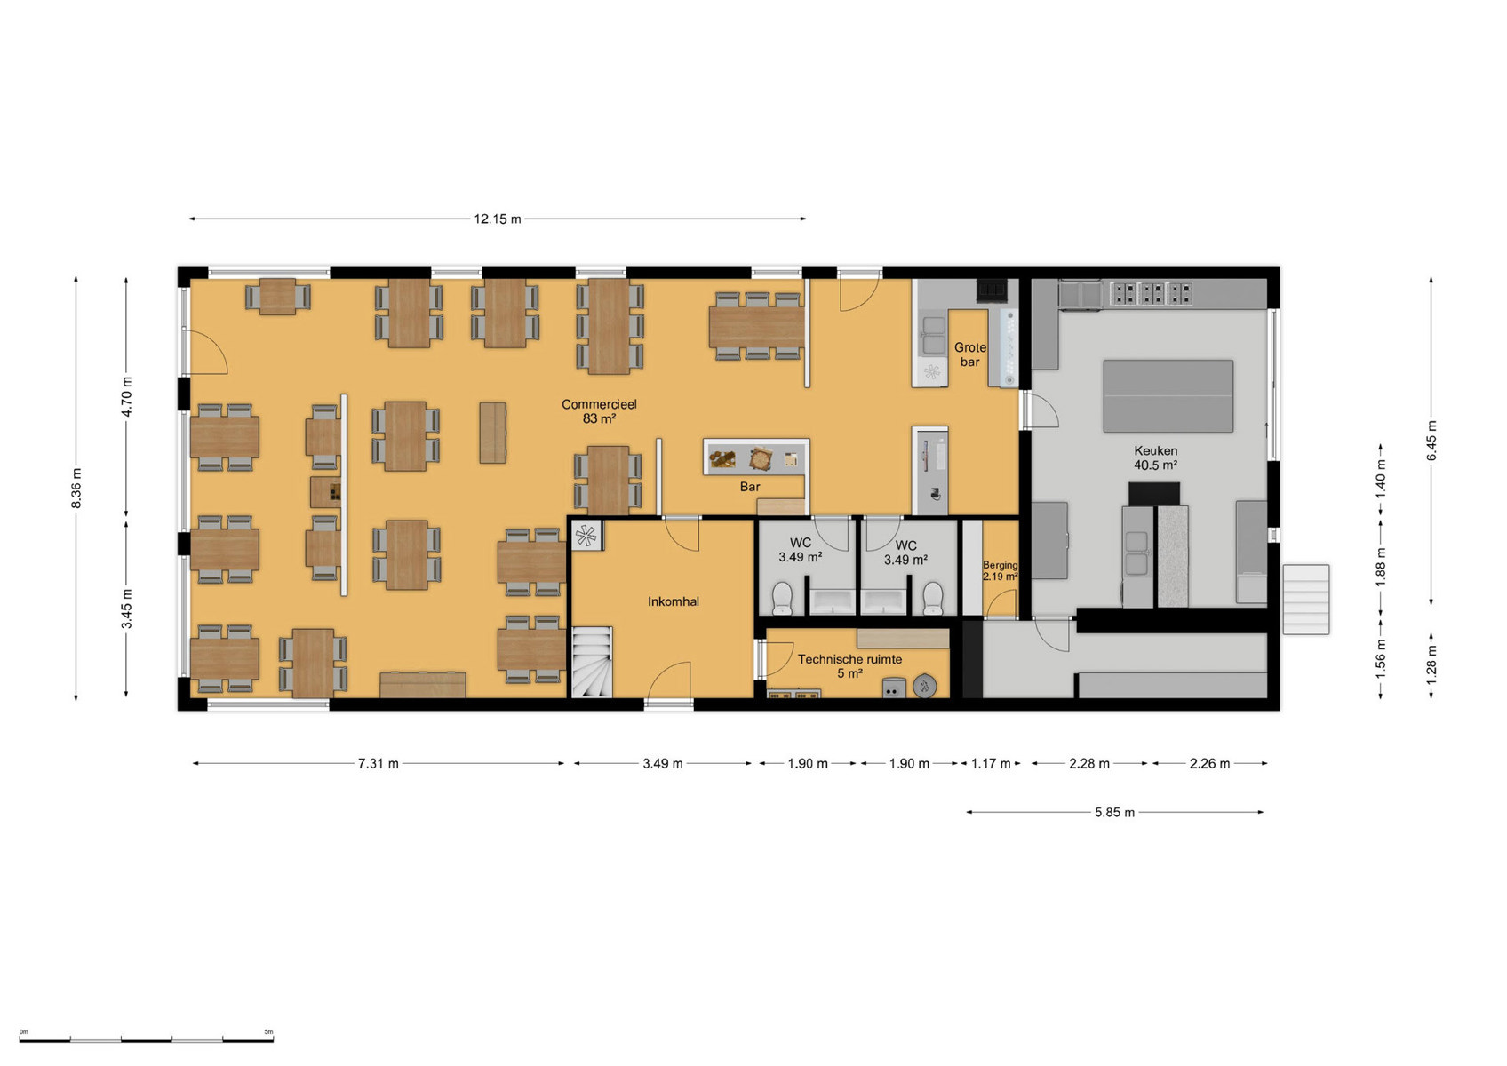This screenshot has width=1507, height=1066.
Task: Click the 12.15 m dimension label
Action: pyautogui.click(x=498, y=219)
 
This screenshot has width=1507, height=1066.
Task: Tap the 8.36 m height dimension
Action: pyautogui.click(x=76, y=489)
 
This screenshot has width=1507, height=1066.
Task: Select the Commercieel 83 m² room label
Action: pyautogui.click(x=599, y=411)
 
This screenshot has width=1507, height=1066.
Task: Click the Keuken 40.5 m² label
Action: pyautogui.click(x=1155, y=457)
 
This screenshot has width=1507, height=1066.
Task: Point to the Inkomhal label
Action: pyautogui.click(x=674, y=601)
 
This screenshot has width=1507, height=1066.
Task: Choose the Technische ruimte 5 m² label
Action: pyautogui.click(x=849, y=666)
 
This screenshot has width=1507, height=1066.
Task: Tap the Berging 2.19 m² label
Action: pyautogui.click(x=1000, y=570)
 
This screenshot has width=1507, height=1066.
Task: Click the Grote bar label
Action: pyautogui.click(x=969, y=354)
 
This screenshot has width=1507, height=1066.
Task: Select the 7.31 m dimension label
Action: pyautogui.click(x=379, y=763)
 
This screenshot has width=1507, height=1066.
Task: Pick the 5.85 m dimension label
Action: pyautogui.click(x=1114, y=813)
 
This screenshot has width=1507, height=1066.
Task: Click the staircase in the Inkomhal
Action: pyautogui.click(x=592, y=662)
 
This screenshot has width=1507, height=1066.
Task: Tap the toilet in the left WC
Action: pyautogui.click(x=782, y=598)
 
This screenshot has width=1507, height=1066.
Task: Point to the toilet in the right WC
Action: pyautogui.click(x=932, y=598)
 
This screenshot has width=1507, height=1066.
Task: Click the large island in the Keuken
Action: pyautogui.click(x=1168, y=395)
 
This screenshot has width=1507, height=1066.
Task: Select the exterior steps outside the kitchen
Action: pyautogui.click(x=1306, y=600)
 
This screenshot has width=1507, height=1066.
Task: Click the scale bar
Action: pyautogui.click(x=146, y=1040)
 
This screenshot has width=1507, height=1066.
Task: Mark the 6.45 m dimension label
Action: pyautogui.click(x=1431, y=441)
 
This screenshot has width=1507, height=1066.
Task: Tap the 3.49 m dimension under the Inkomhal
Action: pyautogui.click(x=663, y=763)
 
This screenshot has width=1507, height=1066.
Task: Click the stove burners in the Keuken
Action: pyautogui.click(x=1151, y=293)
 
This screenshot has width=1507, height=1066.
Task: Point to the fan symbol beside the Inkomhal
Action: pyautogui.click(x=586, y=536)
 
